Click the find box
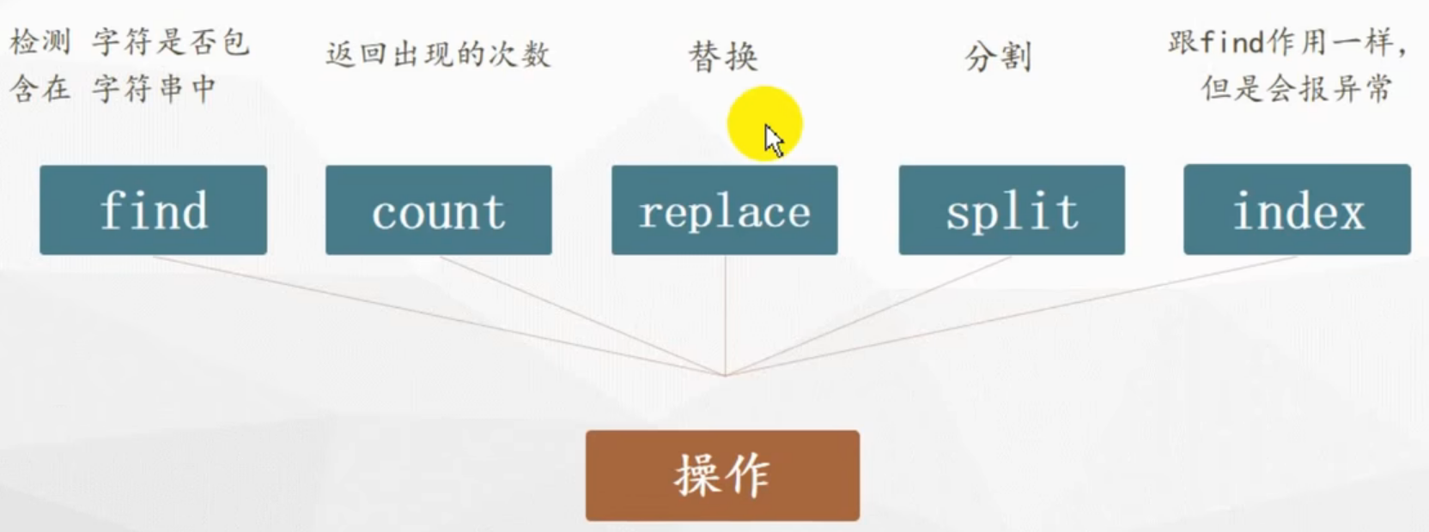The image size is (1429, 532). (153, 210)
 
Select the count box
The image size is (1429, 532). (438, 210)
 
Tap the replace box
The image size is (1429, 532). (724, 210)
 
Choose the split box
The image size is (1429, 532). (1012, 210)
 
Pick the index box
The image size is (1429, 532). (1297, 210)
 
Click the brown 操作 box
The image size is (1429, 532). (722, 475)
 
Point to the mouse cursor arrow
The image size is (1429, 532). (772, 139)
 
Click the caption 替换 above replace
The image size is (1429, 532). (723, 57)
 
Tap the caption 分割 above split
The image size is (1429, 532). (998, 57)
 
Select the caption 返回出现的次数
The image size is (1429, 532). (438, 54)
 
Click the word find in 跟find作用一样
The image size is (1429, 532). (1231, 41)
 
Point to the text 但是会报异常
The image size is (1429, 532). (1297, 88)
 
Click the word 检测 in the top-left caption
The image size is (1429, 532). (40, 41)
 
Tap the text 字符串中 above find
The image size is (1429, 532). (155, 88)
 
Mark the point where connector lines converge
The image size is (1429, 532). (725, 375)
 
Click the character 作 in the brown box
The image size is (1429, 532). (748, 475)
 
